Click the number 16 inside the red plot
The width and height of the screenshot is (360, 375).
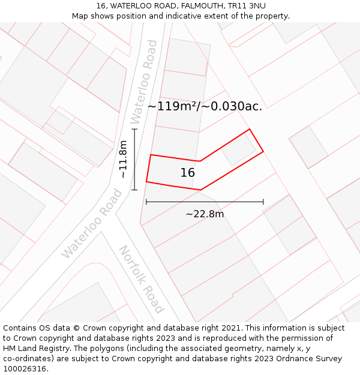coord(188,173)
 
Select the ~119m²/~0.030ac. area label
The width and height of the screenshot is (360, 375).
coord(205,106)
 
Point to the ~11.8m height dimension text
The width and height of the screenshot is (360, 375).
coord(123,160)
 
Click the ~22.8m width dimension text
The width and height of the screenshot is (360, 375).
coord(205,214)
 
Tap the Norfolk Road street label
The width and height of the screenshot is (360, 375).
coord(141,279)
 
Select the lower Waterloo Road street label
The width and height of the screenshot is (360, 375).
coord(92,224)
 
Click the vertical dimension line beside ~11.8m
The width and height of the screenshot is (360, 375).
coord(134,160)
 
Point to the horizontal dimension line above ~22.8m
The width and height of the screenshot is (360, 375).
coord(205,202)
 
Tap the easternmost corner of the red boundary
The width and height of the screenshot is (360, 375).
coord(263,152)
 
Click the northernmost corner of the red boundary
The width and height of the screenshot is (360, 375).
coord(249,129)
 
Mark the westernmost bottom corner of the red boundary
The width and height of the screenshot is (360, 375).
coord(146,181)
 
